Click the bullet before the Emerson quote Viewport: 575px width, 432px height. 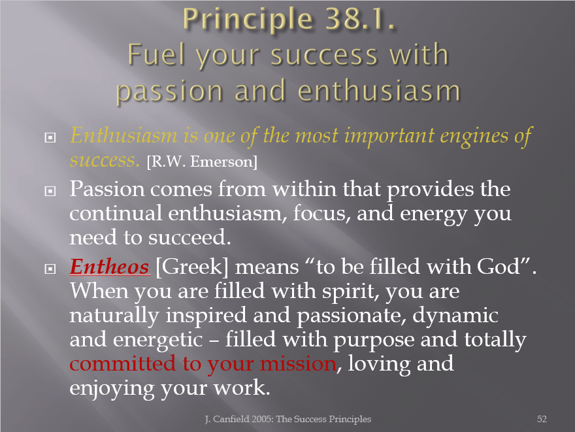(50, 137)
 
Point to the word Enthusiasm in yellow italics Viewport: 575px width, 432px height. (123, 135)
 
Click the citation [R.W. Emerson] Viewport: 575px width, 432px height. (202, 161)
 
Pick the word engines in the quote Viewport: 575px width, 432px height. (474, 137)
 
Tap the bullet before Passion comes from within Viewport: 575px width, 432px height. (50, 191)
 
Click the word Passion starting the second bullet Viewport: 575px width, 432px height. (107, 190)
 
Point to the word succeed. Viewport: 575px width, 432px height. (189, 238)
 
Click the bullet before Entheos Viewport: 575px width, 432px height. (50, 269)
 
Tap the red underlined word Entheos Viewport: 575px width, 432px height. (110, 267)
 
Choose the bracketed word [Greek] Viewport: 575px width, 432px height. (192, 267)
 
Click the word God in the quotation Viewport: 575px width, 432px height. (499, 267)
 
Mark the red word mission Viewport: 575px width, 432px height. (298, 364)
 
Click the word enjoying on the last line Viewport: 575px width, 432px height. (112, 389)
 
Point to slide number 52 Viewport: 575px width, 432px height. (542, 419)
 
